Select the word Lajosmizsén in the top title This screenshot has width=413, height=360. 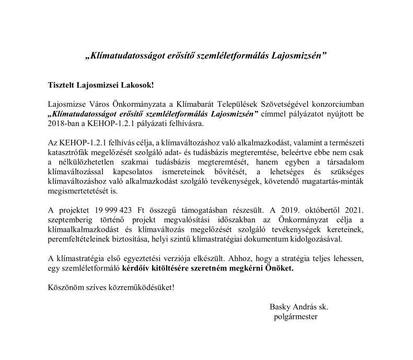299,54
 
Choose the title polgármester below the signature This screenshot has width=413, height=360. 295,316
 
